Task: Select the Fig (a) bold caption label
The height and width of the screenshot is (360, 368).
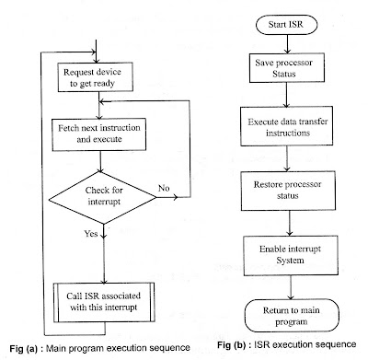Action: tap(28, 348)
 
